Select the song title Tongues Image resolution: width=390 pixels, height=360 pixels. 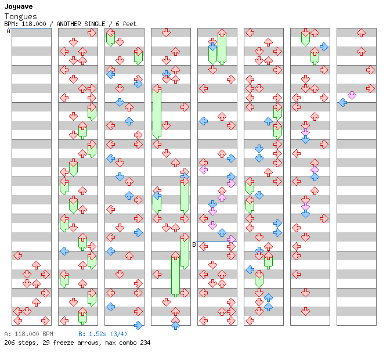[x=20, y=17]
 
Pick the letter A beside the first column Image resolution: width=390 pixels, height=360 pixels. [x=8, y=31]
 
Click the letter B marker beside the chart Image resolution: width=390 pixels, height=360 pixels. [x=194, y=244]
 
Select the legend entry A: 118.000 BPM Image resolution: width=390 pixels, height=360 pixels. [x=28, y=334]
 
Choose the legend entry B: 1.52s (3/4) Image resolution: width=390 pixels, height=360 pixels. [x=103, y=334]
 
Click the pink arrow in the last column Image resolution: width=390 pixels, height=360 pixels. [x=352, y=95]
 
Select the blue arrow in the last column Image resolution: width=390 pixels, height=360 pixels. [x=342, y=102]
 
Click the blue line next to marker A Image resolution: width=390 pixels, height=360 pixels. [x=31, y=28]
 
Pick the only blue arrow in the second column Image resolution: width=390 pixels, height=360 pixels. [x=64, y=251]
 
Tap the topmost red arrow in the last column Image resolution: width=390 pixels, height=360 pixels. [x=361, y=33]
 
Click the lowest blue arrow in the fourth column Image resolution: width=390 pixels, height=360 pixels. [x=175, y=325]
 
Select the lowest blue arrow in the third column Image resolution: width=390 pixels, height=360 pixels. [x=138, y=325]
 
